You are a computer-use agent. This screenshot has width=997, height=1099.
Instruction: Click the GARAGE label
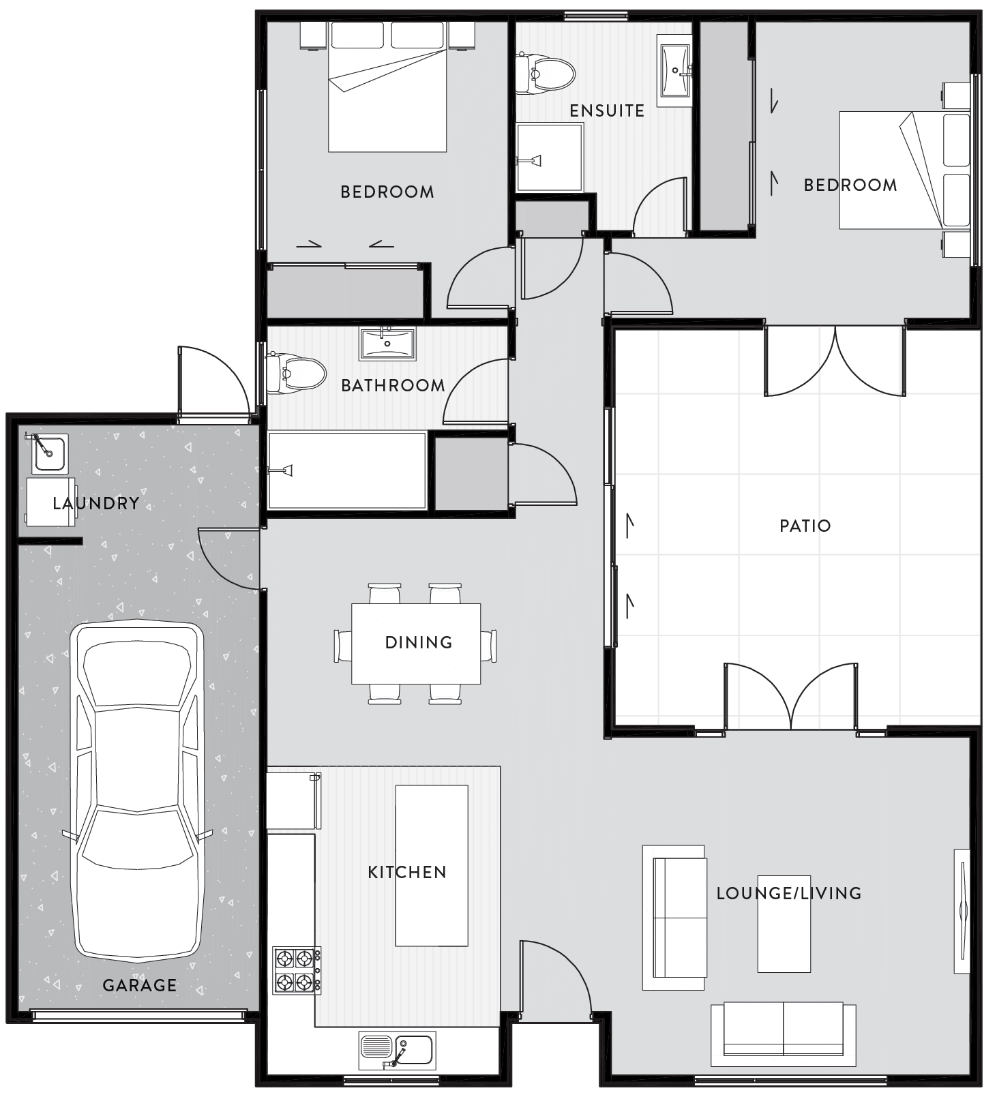pos(139,985)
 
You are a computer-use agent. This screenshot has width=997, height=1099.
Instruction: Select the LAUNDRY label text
pos(95,504)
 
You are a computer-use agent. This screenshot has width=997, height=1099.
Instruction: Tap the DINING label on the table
pos(418,642)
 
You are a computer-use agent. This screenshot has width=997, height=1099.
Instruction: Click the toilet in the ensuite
pos(545,72)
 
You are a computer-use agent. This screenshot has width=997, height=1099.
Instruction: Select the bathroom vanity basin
pos(387,344)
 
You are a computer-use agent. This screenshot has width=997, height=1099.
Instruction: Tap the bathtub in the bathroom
pos(347,470)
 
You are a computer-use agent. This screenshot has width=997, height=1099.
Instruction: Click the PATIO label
pos(805,526)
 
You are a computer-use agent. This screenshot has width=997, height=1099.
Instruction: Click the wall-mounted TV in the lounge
pos(962,911)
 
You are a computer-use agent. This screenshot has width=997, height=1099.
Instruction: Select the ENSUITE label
pos(607,110)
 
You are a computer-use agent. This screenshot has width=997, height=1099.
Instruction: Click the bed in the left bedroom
pos(387,89)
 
